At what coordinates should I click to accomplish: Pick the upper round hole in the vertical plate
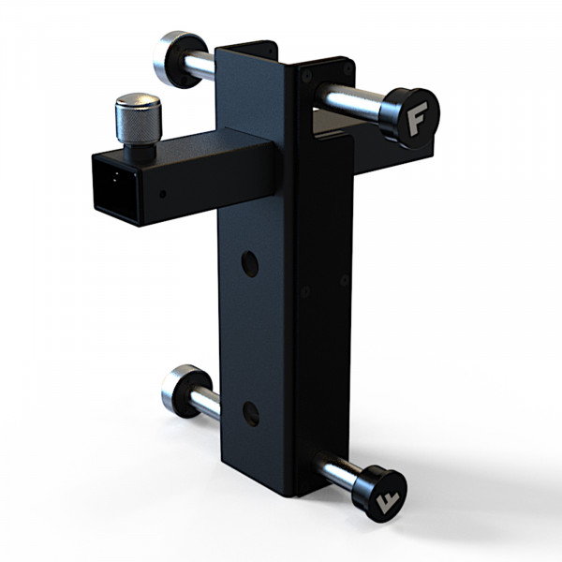[x=250, y=264]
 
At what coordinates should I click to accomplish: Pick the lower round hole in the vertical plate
[x=250, y=413]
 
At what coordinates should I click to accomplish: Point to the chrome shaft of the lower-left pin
[x=205, y=404]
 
